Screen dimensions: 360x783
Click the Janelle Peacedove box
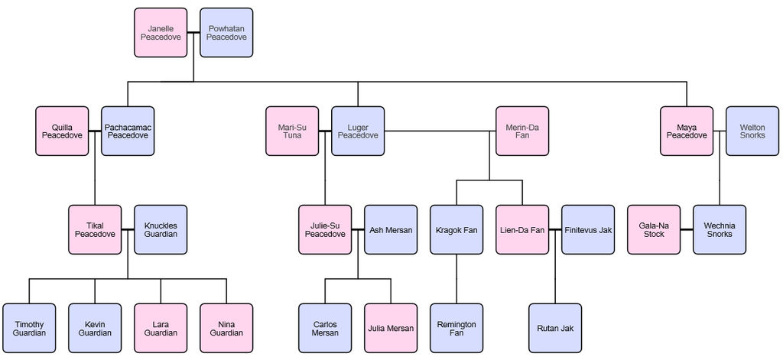point(161,33)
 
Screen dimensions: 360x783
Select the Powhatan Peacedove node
point(226,33)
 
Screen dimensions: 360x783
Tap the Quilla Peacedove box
point(62,131)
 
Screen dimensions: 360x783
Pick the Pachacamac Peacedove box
point(128,131)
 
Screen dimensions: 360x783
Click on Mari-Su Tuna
point(292,131)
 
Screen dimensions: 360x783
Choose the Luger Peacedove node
point(358,131)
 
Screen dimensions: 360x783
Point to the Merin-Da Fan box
point(522,131)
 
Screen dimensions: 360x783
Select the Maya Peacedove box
point(687,131)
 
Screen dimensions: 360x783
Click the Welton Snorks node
point(752,131)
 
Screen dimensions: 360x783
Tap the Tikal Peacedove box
point(95,229)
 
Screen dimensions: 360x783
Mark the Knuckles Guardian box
point(161,229)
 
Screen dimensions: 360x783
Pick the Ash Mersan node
point(391,229)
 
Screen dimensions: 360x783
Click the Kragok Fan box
point(456,229)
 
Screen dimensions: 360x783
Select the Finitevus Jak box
point(588,229)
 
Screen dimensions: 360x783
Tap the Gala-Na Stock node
point(654,229)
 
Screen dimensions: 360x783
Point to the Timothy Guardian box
point(29,328)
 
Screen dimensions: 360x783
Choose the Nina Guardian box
point(226,328)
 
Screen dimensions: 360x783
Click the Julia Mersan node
point(391,328)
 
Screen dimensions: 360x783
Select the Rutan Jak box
point(555,328)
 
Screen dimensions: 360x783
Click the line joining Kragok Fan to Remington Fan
point(456,279)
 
